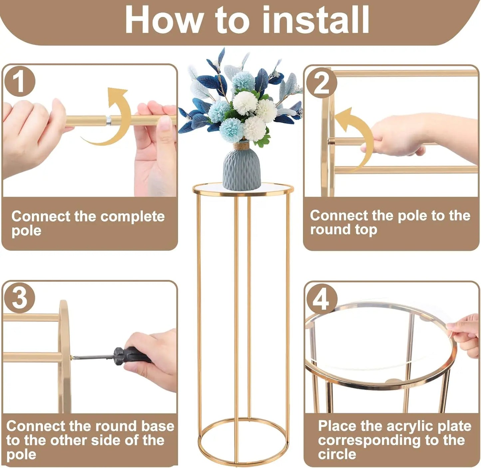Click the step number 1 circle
(19, 81)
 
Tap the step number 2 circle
(321, 83)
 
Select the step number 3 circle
(19, 297)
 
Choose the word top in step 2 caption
(366, 230)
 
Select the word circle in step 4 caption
(337, 454)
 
